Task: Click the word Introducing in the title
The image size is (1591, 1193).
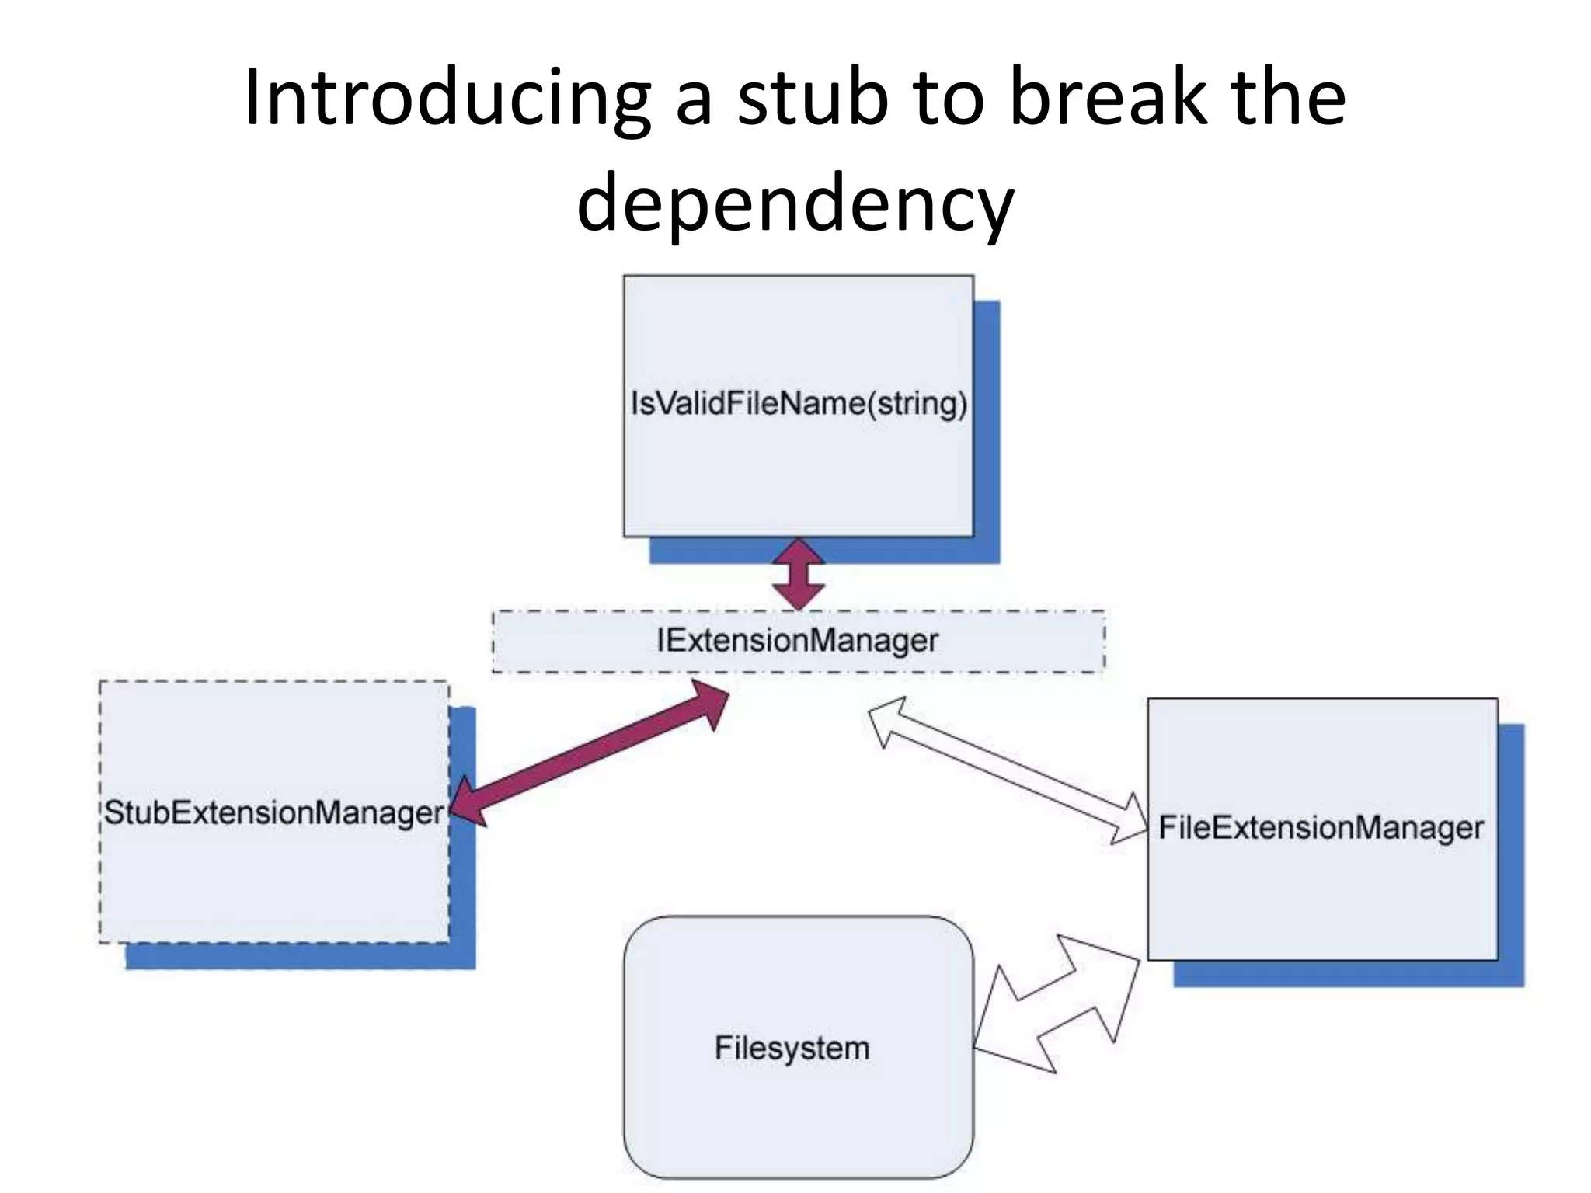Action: click(447, 99)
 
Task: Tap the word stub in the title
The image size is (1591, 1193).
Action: click(811, 99)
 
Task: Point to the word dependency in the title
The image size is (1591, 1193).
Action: click(795, 203)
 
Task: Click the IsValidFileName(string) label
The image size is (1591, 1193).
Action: click(799, 404)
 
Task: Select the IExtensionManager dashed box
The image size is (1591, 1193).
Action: click(798, 642)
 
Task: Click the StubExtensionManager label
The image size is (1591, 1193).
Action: click(273, 813)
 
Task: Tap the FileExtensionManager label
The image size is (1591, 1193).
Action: click(1321, 828)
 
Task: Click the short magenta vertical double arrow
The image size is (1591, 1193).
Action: click(799, 575)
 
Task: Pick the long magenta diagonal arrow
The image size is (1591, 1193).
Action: click(590, 753)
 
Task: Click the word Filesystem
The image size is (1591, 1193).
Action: click(792, 1049)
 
